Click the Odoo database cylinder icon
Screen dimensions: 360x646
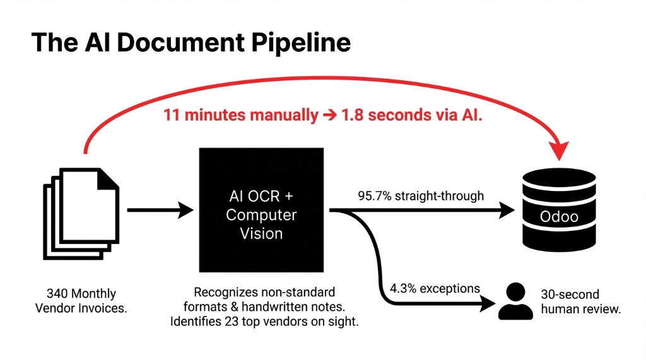(558, 211)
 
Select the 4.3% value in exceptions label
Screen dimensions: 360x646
(402, 289)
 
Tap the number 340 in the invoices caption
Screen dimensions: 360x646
(59, 294)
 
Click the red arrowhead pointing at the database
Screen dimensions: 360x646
(558, 149)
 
